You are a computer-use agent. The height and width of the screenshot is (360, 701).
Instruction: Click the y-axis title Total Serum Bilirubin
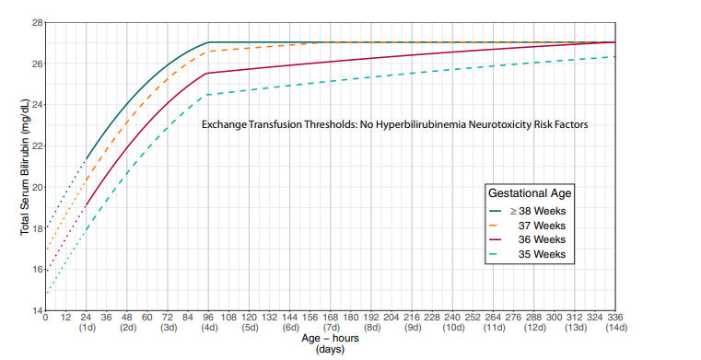[26, 167]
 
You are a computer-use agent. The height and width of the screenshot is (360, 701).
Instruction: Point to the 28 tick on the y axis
[37, 22]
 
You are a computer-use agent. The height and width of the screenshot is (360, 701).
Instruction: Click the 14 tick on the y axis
[37, 311]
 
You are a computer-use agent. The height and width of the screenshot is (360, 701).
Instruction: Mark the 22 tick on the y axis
[37, 146]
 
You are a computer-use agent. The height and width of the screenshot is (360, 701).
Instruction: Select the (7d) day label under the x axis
[330, 328]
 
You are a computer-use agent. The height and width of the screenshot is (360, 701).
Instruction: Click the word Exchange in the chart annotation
[225, 123]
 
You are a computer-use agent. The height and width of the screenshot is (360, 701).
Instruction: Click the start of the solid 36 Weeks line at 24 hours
[86, 205]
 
